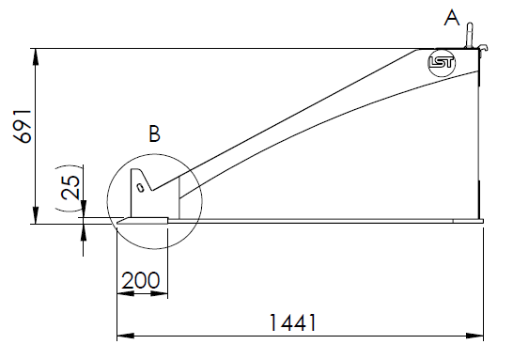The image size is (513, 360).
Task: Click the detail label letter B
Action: click(x=155, y=134)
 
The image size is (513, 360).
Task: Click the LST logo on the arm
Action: click(x=441, y=64)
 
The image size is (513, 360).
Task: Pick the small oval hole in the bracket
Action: click(x=140, y=186)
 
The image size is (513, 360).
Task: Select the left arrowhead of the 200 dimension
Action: click(x=122, y=293)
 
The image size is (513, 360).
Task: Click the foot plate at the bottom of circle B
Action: click(x=143, y=222)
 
